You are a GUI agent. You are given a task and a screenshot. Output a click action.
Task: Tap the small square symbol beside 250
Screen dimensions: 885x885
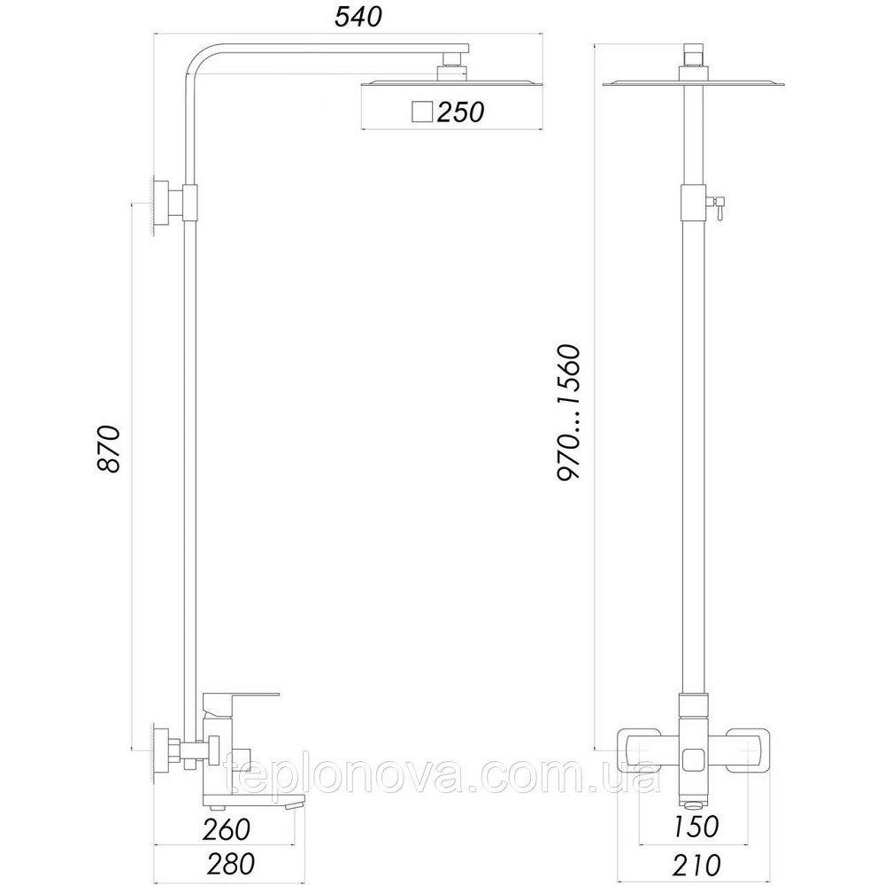pos(421,112)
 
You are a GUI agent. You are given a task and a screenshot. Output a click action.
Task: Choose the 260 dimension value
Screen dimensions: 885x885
pos(225,829)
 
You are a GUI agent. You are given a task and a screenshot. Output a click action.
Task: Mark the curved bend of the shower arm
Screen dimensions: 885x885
pos(202,60)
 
